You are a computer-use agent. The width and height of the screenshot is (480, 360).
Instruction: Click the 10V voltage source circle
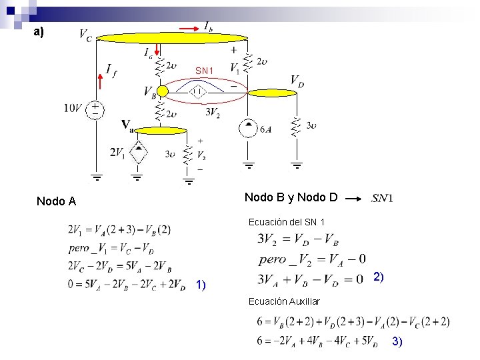(96, 109)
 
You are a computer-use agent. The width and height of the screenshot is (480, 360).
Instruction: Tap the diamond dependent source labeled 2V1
(138, 153)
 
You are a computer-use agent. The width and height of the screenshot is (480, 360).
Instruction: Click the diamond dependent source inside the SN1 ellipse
(199, 92)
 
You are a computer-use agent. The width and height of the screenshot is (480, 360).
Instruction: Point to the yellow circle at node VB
(163, 91)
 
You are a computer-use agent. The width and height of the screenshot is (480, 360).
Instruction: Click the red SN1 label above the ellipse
(204, 70)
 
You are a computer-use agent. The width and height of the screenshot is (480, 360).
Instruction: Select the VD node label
(298, 81)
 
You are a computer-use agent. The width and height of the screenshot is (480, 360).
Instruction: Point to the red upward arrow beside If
(100, 81)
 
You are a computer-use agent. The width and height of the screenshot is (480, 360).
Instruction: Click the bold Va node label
(128, 124)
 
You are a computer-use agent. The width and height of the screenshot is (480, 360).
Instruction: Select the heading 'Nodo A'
(56, 201)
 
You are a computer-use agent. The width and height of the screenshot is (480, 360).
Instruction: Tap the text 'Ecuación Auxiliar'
(284, 301)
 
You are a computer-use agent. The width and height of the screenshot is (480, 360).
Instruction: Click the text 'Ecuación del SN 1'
(287, 221)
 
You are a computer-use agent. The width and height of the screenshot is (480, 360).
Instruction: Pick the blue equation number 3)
(397, 341)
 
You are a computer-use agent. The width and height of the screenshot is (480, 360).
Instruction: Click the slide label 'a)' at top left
(39, 31)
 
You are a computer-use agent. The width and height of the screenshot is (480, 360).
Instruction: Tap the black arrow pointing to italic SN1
(359, 198)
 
